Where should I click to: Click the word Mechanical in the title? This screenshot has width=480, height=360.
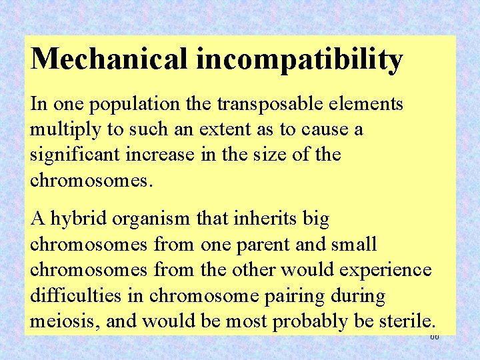coord(110,59)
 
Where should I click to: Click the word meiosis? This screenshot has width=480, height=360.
coord(60,321)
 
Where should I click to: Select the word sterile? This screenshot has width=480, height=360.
coord(406,321)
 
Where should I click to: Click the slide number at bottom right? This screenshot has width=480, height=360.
coord(435,337)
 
